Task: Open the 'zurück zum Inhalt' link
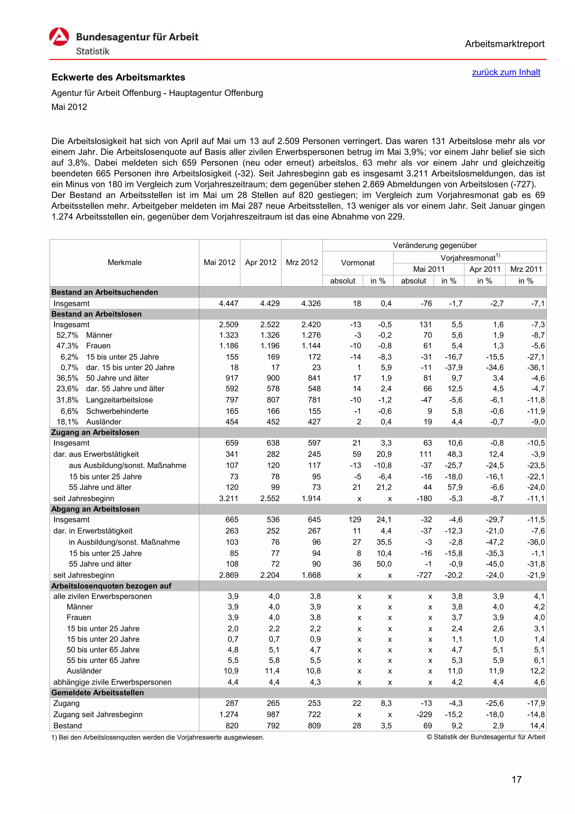(x=506, y=72)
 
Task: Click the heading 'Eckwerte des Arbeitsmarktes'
(x=118, y=77)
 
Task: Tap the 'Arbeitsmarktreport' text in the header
(x=505, y=44)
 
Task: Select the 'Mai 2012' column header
(x=219, y=262)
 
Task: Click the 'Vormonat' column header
(x=357, y=263)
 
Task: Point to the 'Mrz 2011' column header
(x=526, y=269)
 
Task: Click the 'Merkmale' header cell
(x=124, y=262)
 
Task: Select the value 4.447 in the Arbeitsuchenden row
(x=229, y=303)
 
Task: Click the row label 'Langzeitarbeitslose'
(x=119, y=400)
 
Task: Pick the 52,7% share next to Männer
(x=67, y=335)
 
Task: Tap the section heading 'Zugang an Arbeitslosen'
(x=95, y=432)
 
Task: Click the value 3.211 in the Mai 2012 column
(x=229, y=499)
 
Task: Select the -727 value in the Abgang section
(x=424, y=575)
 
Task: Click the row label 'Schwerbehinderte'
(x=117, y=411)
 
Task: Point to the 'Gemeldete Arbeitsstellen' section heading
(x=97, y=692)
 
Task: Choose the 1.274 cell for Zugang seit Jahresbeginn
(x=229, y=714)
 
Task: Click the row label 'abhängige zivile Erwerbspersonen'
(x=112, y=682)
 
